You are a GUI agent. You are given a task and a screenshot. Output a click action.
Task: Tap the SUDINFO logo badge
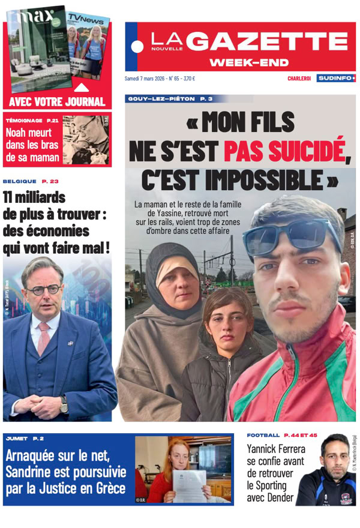(x=336, y=78)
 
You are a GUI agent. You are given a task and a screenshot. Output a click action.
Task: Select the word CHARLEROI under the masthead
(x=299, y=79)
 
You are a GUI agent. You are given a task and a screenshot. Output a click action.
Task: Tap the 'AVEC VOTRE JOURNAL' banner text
(x=58, y=101)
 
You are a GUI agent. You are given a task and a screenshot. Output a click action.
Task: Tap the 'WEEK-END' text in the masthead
(x=249, y=62)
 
